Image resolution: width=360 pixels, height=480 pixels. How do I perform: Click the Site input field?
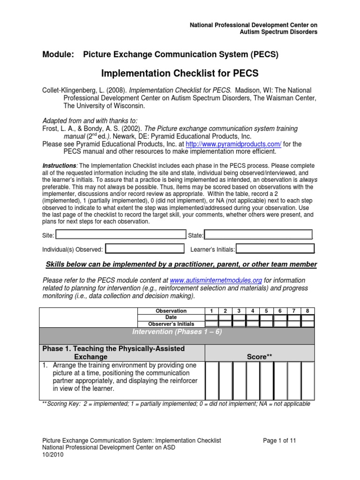pos(121,234)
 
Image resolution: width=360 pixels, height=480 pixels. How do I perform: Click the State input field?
pos(258,234)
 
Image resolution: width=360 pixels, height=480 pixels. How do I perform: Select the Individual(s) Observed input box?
pos(145,249)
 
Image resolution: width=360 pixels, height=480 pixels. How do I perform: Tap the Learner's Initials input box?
pos(275,249)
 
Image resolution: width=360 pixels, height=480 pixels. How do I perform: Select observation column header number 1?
pos(212,310)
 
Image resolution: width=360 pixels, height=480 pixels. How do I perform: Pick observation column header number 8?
pos(307,310)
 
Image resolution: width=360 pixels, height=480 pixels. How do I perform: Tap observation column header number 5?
pos(266,310)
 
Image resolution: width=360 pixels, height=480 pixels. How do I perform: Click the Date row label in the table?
pos(171,317)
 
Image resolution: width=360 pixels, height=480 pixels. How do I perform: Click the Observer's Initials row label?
pos(171,324)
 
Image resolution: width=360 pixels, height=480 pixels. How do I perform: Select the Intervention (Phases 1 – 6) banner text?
pos(177,332)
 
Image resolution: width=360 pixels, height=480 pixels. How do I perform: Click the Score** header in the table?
pos(259,357)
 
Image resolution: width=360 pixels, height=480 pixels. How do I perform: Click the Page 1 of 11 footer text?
pos(280,441)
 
